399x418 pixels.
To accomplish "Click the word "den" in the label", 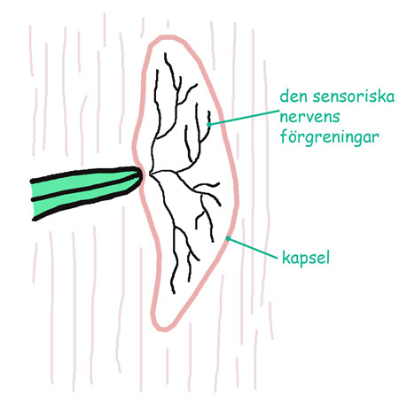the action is click(x=293, y=97).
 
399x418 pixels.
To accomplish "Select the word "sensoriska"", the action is click(x=354, y=97).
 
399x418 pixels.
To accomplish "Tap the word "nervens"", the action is click(x=309, y=117).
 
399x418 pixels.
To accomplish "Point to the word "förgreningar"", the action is click(x=329, y=136).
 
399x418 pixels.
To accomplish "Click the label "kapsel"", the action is click(x=306, y=258).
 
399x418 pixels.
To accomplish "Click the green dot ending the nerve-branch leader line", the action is click(x=209, y=125).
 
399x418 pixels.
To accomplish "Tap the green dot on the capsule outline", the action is click(x=228, y=238).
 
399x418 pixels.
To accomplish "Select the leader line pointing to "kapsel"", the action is click(x=253, y=248).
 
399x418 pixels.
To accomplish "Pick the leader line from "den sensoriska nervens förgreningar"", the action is click(x=244, y=118).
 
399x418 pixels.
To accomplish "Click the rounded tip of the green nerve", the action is click(x=140, y=178).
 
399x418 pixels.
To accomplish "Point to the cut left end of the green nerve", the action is click(x=33, y=199).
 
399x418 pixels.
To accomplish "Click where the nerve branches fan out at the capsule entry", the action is click(x=152, y=174).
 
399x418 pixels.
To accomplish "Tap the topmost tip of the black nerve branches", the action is click(x=165, y=53).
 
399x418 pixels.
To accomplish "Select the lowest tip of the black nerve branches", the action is click(x=174, y=293).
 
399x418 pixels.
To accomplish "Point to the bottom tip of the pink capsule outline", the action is click(x=162, y=329).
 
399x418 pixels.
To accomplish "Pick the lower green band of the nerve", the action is click(x=82, y=200).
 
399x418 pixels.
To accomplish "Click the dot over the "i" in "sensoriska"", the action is click(x=369, y=90).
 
